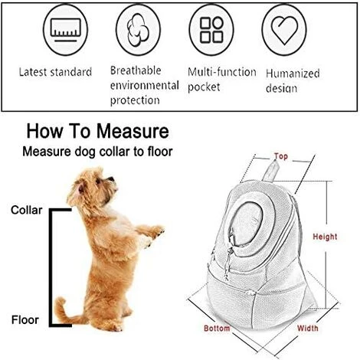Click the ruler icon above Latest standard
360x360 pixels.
point(65,30)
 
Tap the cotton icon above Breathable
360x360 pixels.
point(138,30)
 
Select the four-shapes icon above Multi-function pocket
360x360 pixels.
point(211,30)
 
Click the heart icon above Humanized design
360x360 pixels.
point(284,30)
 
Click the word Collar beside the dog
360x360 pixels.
point(27,210)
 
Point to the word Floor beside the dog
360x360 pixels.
point(25,320)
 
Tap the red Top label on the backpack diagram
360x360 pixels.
point(281,156)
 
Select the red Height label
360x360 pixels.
point(325,237)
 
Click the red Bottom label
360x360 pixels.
point(217,328)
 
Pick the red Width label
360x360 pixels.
point(308,328)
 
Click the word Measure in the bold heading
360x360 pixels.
point(133,131)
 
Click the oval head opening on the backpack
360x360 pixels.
point(247,224)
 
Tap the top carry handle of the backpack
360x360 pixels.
point(270,171)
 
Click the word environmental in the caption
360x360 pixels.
point(145,85)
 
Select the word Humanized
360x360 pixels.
point(293,74)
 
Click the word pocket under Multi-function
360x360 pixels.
point(204,87)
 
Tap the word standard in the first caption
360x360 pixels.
point(71,72)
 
